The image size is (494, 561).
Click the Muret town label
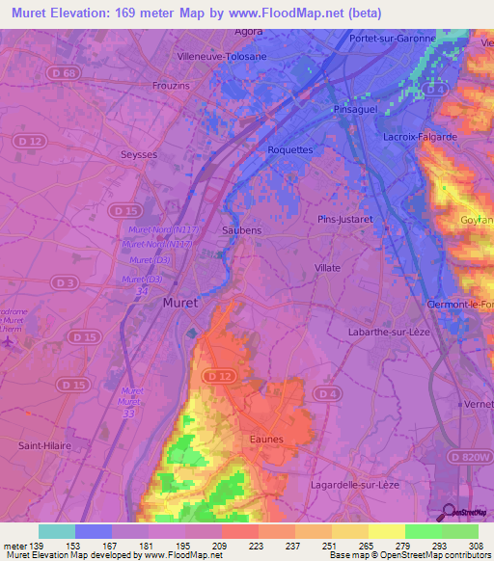tap(180, 303)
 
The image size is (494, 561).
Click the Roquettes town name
tap(290, 150)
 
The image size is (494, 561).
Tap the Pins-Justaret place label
tap(344, 220)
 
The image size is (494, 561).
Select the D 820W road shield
tap(470, 455)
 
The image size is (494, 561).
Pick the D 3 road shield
tap(66, 282)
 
